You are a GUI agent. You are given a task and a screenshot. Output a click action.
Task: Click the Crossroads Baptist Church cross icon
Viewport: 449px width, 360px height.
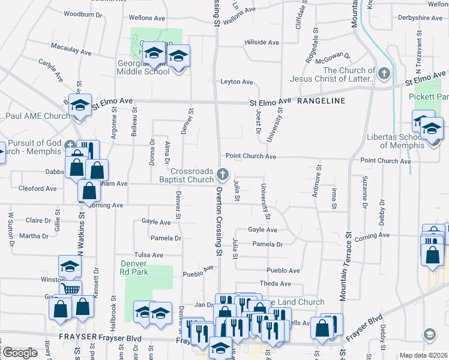click(223, 175)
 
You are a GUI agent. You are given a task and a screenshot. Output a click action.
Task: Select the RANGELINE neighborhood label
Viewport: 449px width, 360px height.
click(321, 101)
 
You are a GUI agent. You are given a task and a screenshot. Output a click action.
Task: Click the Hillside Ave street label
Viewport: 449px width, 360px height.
click(262, 43)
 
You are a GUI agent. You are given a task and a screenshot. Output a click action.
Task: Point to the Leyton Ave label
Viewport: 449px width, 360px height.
click(237, 82)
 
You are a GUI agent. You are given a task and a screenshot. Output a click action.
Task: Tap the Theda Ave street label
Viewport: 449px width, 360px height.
click(275, 283)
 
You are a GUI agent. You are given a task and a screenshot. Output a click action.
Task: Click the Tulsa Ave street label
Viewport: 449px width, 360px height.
click(149, 255)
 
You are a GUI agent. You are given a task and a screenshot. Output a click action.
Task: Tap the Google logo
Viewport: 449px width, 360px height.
click(20, 353)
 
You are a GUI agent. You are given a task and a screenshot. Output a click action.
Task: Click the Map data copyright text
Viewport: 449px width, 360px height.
click(423, 355)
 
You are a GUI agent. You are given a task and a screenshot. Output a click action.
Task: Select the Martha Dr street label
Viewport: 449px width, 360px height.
click(34, 236)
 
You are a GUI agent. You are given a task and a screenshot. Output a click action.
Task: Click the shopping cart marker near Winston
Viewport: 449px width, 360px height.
click(71, 288)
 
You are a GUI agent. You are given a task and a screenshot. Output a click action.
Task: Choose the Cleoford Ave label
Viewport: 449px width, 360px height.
click(37, 188)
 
